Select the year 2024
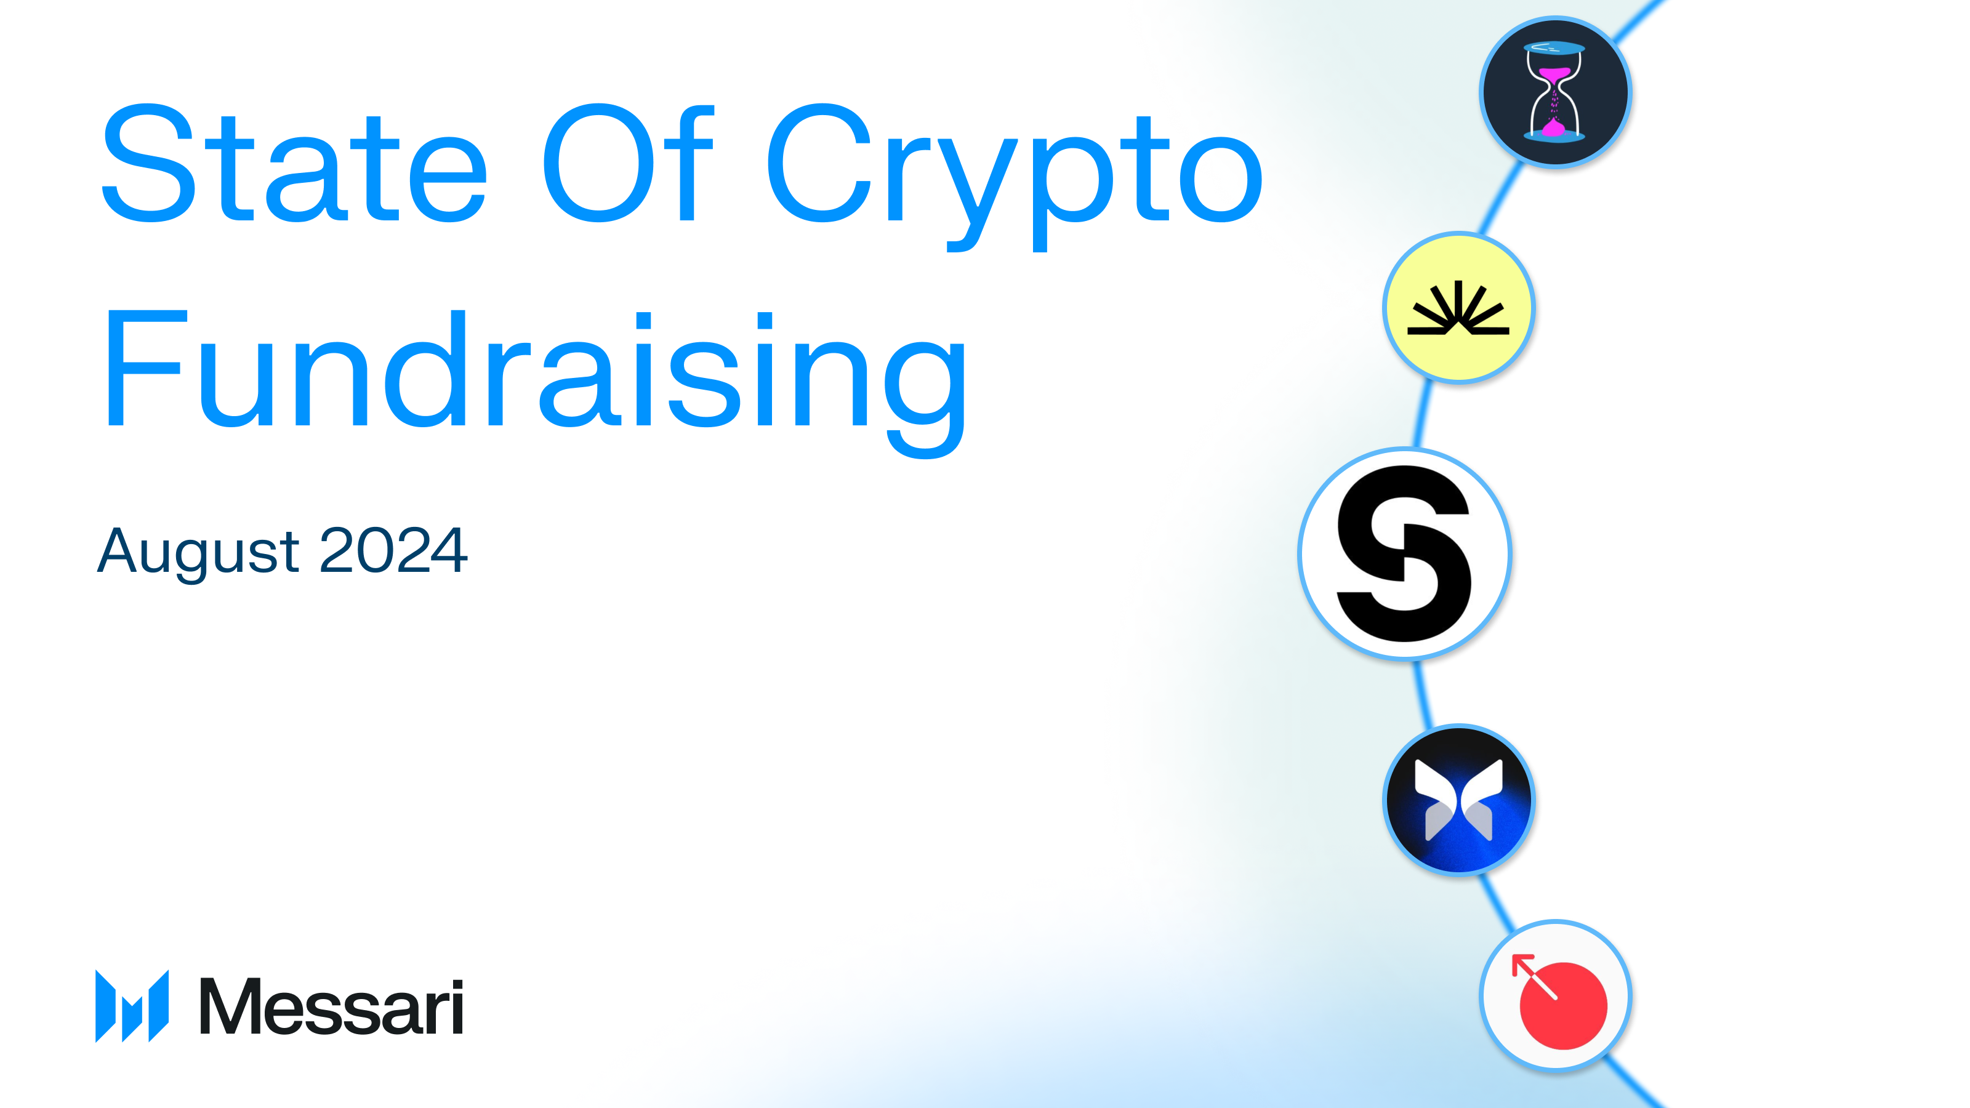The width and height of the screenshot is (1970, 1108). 393,550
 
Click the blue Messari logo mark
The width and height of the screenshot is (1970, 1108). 132,1006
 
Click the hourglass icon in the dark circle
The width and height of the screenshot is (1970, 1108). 1554,92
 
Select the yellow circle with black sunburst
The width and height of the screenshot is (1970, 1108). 1458,307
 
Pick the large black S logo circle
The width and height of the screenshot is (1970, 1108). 1404,553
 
